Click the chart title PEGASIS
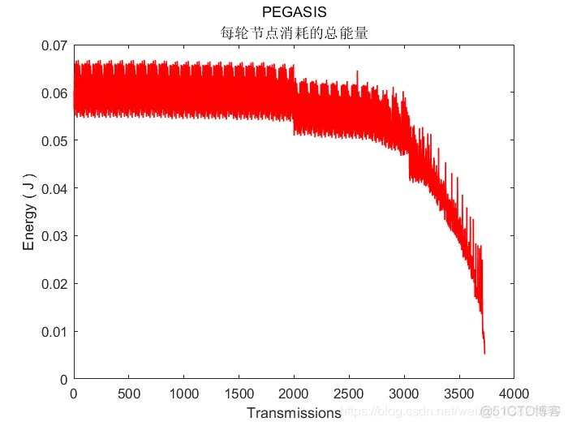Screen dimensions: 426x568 pyautogui.click(x=294, y=12)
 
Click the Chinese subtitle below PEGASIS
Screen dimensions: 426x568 pyautogui.click(x=294, y=32)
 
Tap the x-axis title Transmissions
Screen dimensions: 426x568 pyautogui.click(x=294, y=413)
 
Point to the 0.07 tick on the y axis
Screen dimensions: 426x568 pyautogui.click(x=53, y=45)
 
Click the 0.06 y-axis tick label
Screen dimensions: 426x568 pyautogui.click(x=53, y=93)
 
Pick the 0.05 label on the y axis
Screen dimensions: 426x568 pyautogui.click(x=53, y=140)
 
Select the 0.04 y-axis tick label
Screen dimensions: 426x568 pyautogui.click(x=53, y=188)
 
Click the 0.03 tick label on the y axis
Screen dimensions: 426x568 pyautogui.click(x=53, y=236)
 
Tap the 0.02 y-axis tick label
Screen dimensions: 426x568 pyautogui.click(x=53, y=284)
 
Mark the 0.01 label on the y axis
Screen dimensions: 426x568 pyautogui.click(x=53, y=331)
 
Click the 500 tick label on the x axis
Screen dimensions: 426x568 pyautogui.click(x=128, y=394)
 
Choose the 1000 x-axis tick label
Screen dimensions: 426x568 pyautogui.click(x=183, y=394)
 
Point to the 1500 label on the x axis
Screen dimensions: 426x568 pyautogui.click(x=239, y=394)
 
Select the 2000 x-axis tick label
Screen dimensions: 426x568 pyautogui.click(x=294, y=394)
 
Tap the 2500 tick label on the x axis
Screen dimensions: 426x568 pyautogui.click(x=349, y=394)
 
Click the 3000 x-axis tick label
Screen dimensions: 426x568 pyautogui.click(x=404, y=394)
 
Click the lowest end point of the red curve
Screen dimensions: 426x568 pyautogui.click(x=484, y=353)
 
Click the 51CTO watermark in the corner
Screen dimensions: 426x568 pyautogui.click(x=519, y=413)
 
